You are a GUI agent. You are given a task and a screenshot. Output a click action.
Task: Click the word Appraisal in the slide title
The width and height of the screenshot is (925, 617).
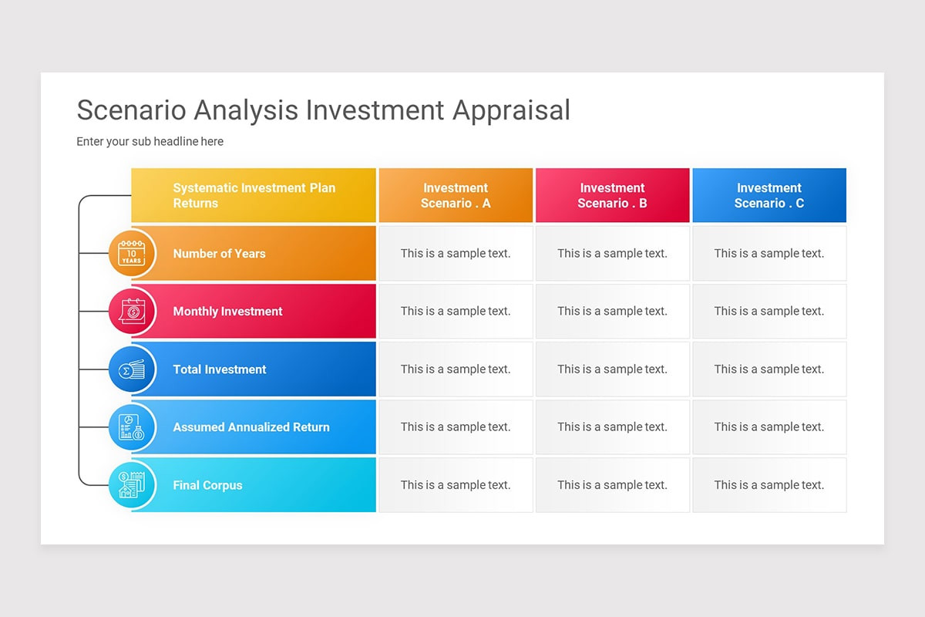point(511,110)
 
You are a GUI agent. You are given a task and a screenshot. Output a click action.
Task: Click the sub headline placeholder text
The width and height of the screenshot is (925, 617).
point(150,142)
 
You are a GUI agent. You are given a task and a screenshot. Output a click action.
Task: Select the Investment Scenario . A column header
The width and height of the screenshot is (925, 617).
point(456,196)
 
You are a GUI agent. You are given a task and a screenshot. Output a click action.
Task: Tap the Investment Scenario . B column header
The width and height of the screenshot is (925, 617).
point(612,196)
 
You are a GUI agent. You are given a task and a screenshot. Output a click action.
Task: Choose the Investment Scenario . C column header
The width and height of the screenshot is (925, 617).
point(769,196)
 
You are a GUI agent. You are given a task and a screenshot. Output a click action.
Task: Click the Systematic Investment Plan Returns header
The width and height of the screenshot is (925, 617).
point(254,196)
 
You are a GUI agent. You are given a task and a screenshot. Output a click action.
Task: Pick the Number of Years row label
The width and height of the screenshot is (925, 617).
point(219,254)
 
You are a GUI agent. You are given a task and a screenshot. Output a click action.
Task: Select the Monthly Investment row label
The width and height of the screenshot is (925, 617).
point(227,312)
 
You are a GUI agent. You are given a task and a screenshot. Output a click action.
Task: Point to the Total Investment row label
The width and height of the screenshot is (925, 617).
point(220,369)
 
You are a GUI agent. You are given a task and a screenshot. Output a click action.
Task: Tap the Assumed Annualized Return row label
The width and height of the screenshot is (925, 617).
point(251,427)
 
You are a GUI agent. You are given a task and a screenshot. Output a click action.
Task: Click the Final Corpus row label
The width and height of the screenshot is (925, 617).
point(207,485)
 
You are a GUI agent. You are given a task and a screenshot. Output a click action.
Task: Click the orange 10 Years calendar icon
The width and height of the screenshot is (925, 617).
point(132,253)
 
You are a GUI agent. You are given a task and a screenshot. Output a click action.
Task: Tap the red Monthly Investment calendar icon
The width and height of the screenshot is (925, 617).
point(132,312)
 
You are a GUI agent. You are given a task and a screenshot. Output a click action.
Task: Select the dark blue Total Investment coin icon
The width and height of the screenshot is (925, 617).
point(132,369)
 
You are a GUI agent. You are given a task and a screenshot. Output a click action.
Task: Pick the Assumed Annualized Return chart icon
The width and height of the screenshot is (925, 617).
point(132,427)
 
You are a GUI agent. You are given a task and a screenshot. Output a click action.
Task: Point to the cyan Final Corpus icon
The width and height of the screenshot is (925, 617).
point(132,485)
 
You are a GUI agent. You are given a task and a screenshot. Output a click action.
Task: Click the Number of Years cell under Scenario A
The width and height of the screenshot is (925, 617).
point(456,254)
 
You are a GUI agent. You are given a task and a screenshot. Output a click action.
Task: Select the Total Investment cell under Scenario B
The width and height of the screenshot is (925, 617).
point(612,369)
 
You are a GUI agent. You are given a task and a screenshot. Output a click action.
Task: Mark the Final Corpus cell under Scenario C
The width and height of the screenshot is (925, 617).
point(769,485)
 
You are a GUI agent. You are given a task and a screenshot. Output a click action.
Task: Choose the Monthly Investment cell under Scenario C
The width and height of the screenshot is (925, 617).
point(769,312)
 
